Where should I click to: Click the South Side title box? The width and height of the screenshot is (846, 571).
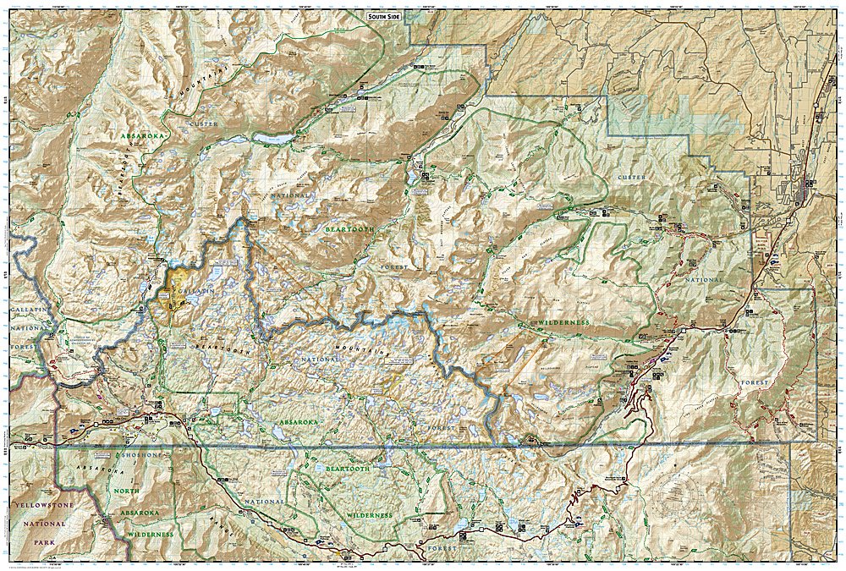[x=388, y=16]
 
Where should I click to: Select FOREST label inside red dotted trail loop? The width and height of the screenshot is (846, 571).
[x=755, y=383]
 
